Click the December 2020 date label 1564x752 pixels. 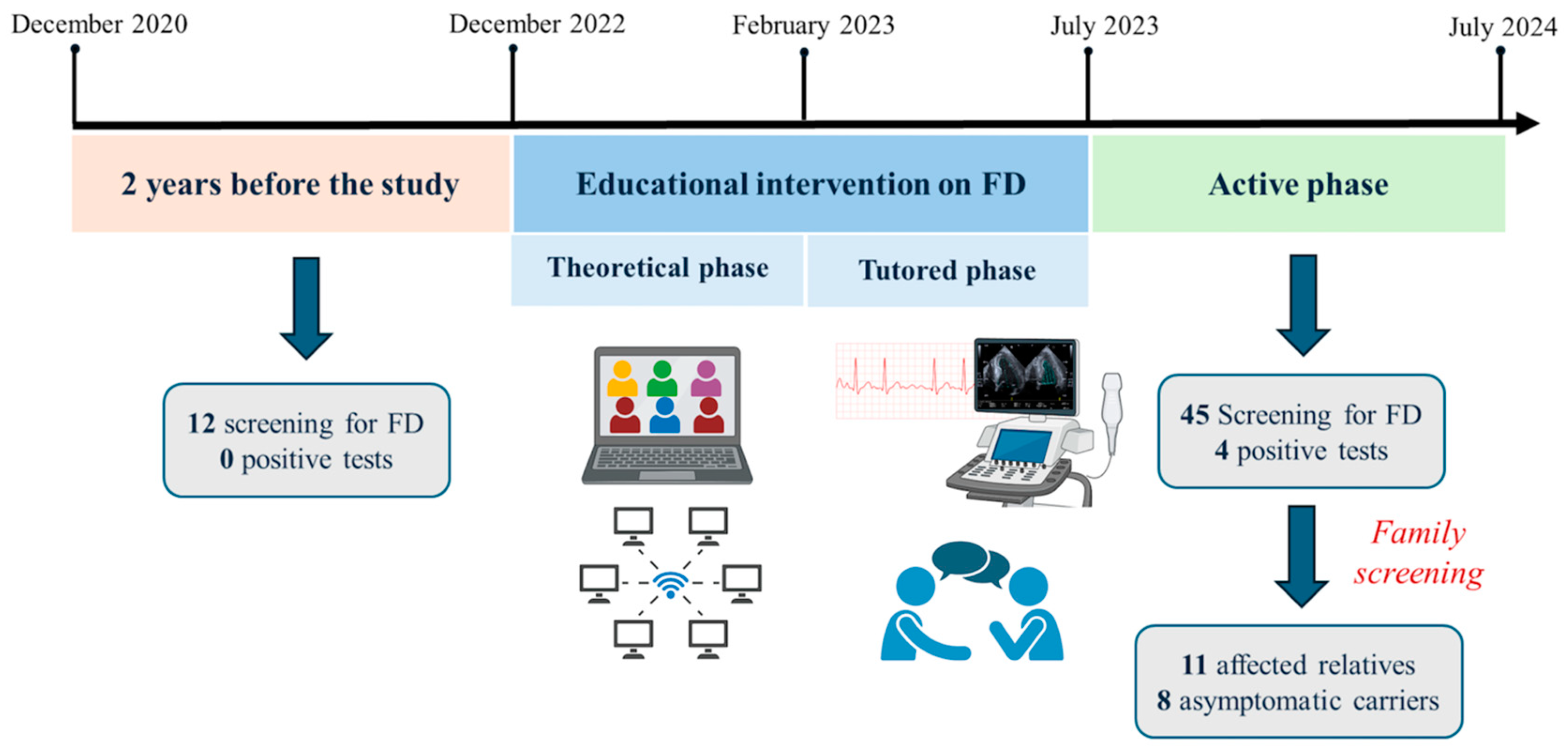click(x=99, y=24)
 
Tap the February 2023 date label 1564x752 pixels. click(x=813, y=25)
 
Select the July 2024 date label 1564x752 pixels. click(x=1502, y=27)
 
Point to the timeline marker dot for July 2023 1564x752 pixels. click(x=1088, y=52)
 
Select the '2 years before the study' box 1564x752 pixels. click(x=290, y=184)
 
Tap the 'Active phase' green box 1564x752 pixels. click(x=1298, y=184)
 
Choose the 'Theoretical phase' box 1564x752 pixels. click(x=657, y=268)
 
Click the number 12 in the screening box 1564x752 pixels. click(x=202, y=424)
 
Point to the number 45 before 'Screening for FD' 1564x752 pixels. click(x=1194, y=415)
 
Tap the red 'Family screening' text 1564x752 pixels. click(x=1418, y=553)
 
